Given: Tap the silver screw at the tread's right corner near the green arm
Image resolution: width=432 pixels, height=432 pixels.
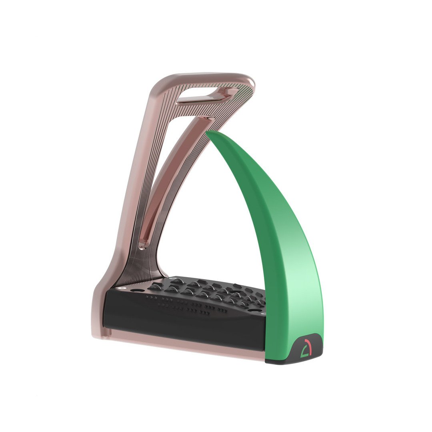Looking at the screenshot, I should (x=262, y=314).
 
